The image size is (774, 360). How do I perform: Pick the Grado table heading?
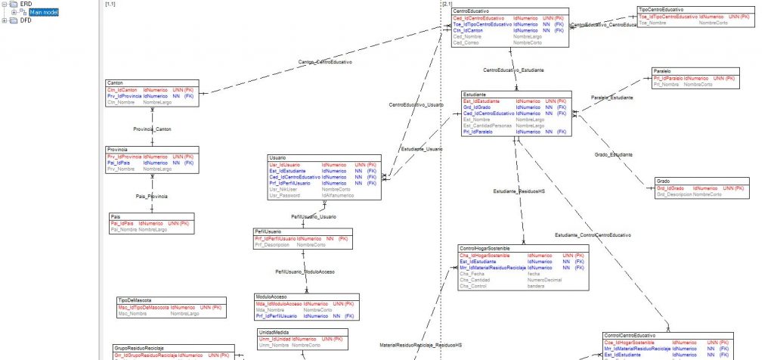click(x=663, y=182)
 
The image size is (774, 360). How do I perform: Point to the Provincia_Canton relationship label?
click(x=152, y=129)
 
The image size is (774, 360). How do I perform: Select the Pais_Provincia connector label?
click(x=152, y=196)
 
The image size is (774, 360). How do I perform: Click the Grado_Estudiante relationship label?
click(x=614, y=154)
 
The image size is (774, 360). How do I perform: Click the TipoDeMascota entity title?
click(x=135, y=300)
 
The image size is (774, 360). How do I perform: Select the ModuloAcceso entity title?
click(x=274, y=297)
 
